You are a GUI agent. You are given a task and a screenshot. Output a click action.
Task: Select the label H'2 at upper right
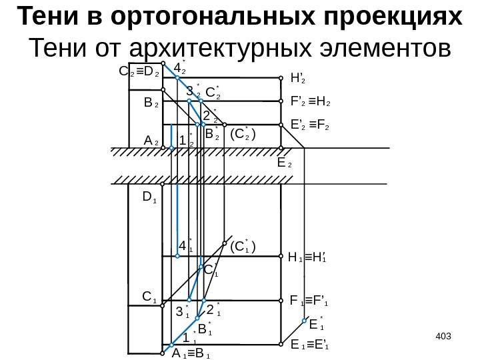298,78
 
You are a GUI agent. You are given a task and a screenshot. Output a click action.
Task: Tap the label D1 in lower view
149,198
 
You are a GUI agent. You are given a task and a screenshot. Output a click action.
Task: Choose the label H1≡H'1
310,255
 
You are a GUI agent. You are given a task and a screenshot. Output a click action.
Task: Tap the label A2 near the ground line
151,141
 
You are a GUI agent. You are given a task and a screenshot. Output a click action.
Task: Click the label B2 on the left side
151,104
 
